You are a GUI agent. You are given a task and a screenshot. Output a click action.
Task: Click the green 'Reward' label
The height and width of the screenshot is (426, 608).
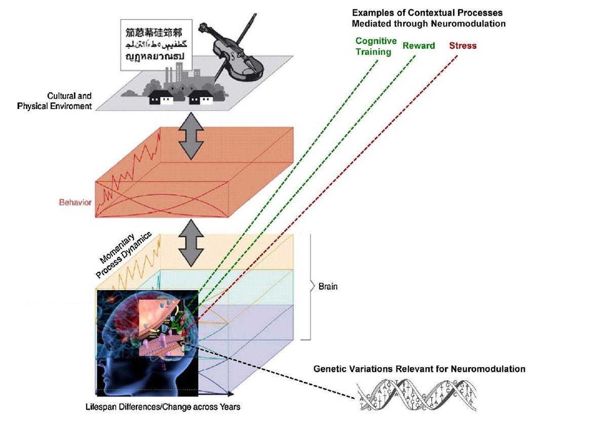click(x=419, y=46)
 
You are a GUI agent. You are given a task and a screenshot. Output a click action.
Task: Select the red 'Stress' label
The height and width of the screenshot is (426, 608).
click(x=463, y=46)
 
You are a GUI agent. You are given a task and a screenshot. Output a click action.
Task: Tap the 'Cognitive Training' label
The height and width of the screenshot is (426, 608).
click(x=376, y=46)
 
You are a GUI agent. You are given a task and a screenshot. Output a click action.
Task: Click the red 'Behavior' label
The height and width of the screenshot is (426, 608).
click(x=75, y=202)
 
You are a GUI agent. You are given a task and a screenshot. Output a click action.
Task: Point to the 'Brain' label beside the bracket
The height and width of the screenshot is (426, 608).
click(x=328, y=287)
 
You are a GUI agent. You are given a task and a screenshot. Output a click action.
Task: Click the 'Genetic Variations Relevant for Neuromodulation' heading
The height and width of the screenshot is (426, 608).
click(x=419, y=369)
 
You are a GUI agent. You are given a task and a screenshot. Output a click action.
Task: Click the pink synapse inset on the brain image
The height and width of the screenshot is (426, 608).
click(x=162, y=330)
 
